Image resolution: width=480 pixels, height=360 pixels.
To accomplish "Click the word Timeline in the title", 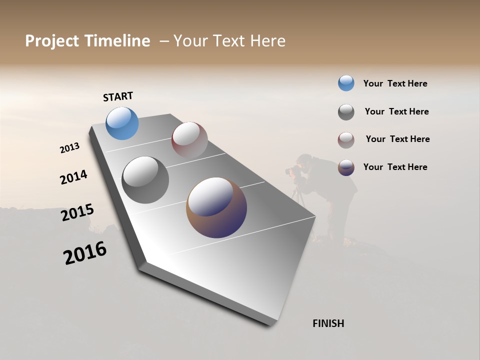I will (x=117, y=41).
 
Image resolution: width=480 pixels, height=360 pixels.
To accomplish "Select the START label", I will (x=118, y=96).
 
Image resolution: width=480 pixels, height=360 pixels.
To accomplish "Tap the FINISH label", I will (x=328, y=323).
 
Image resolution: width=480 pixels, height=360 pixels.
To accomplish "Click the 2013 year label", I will (x=70, y=148).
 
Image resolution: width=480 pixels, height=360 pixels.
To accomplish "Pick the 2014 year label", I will (x=74, y=177).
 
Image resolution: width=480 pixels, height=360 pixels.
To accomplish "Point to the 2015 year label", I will (x=77, y=213).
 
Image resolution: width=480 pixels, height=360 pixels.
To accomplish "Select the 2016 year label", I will (x=85, y=253).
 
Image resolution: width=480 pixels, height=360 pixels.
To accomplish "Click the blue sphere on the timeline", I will (x=122, y=123).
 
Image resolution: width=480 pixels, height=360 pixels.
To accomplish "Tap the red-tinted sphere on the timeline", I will (x=189, y=139).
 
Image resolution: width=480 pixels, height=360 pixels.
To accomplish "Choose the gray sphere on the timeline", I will (x=145, y=180).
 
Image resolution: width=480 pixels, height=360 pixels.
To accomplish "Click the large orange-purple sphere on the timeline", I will (x=216, y=207).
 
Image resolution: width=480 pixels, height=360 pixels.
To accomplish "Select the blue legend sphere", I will (x=346, y=83).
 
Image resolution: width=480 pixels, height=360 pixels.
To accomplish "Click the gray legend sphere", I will (x=346, y=112).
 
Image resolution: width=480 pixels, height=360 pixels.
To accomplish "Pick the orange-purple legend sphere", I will (x=346, y=167).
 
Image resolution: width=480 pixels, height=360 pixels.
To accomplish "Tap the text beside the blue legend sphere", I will (x=395, y=83).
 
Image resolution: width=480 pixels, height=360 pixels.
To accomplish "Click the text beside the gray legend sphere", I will (x=396, y=111).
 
